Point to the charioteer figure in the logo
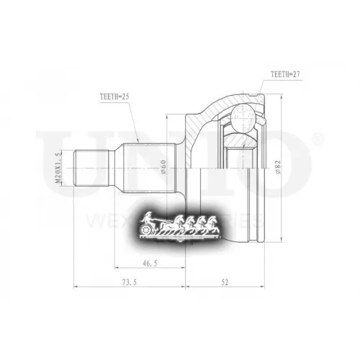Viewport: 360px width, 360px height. [x=148, y=218]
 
